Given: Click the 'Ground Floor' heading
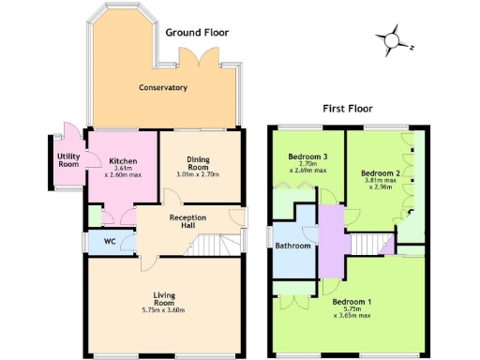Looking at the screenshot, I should coord(197,32).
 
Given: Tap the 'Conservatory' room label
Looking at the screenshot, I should coord(163,88).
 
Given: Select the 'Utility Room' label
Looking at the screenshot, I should coord(68,160).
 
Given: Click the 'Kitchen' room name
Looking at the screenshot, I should coord(124,160).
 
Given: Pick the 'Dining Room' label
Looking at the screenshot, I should coord(197,162).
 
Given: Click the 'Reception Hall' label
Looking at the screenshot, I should coord(187,221).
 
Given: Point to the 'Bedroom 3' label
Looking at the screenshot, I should coord(307,156).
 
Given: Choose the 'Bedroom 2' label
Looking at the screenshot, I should coord(382,173).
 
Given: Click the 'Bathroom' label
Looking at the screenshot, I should coord(292,247).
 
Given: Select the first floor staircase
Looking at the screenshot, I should coord(367,246).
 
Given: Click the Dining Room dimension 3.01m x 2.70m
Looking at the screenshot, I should coord(197,174).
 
